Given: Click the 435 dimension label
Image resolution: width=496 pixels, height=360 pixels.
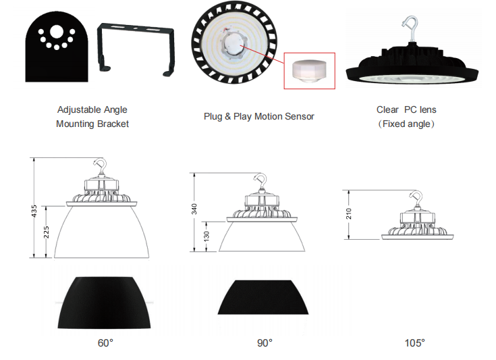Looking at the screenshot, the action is (x=34, y=211).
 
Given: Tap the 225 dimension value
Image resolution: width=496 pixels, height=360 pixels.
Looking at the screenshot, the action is (x=47, y=232).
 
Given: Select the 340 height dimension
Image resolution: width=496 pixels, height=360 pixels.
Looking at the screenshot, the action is (x=194, y=209).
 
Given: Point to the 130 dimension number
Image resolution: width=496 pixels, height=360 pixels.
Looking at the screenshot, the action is (x=206, y=236).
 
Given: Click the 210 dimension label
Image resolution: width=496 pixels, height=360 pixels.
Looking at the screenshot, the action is (x=349, y=213).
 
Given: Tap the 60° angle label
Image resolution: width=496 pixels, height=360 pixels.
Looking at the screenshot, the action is (x=105, y=343).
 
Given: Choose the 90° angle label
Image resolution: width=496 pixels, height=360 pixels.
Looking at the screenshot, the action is (x=265, y=343).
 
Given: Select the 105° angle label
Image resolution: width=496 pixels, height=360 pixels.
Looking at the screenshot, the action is (x=415, y=343).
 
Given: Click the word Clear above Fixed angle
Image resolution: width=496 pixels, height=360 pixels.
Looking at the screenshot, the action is (x=387, y=109).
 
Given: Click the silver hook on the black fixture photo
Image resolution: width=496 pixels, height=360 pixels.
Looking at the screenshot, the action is (x=411, y=27).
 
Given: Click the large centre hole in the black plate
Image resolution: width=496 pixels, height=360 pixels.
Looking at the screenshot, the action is (x=57, y=32).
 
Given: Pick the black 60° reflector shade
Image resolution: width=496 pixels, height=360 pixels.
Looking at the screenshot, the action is (x=104, y=303).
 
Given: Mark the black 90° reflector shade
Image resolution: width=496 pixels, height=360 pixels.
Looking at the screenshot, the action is (x=263, y=297).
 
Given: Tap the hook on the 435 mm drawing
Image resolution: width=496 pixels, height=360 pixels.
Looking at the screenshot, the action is (x=101, y=168).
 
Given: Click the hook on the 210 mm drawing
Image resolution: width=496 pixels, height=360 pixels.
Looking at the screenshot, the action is (x=417, y=199).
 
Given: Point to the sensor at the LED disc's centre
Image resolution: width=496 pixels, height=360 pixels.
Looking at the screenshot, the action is (x=233, y=44).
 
